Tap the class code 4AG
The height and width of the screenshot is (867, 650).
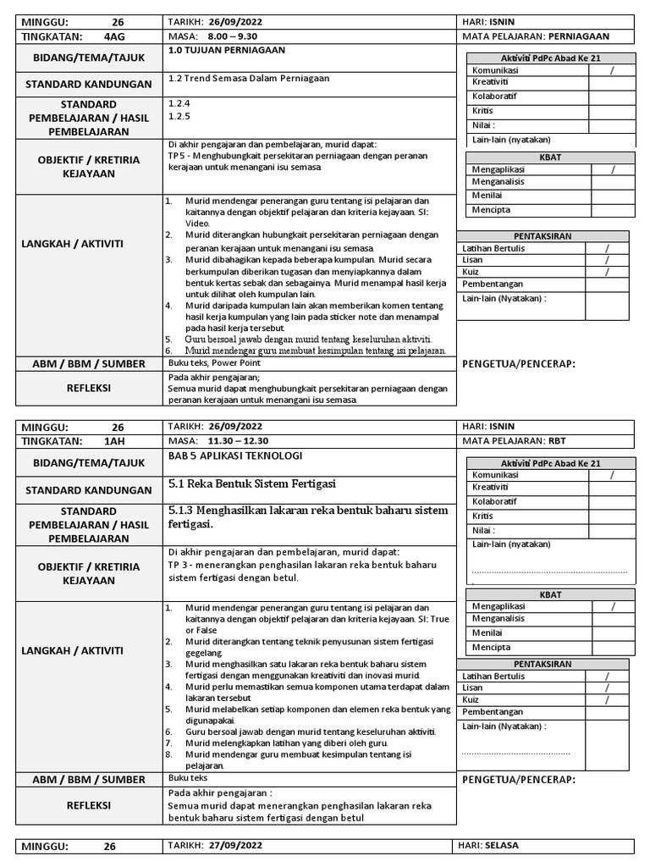coord(113,36)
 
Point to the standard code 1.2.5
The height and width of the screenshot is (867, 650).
coord(179,116)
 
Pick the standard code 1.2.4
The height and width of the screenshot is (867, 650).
coord(179,102)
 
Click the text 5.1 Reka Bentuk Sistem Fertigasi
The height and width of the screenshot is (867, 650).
coord(252,483)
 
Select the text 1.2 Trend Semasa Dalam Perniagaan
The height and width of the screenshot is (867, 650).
coord(249,78)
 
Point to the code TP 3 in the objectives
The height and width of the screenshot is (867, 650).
coord(178,564)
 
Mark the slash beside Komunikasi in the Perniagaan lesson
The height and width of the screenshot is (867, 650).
coord(612,69)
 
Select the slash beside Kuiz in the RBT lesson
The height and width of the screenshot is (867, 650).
coord(606,700)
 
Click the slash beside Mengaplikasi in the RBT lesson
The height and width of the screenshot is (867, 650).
coord(612,607)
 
